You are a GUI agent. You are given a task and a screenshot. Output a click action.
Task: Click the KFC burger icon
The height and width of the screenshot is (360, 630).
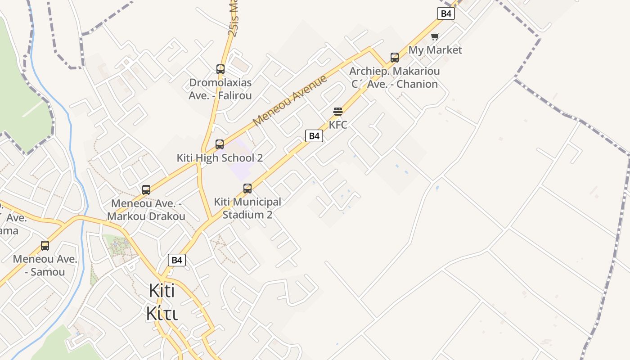[338, 112]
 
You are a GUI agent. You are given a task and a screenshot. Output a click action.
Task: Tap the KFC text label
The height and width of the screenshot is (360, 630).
[338, 125]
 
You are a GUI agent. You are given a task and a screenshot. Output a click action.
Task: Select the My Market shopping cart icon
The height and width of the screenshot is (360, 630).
[434, 36]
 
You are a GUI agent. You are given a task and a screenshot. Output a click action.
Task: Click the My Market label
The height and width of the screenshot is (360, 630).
[435, 50]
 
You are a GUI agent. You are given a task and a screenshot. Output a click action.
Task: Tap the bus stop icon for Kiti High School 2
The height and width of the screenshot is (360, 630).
[220, 144]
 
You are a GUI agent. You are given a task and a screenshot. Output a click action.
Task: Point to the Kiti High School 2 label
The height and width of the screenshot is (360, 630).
[220, 158]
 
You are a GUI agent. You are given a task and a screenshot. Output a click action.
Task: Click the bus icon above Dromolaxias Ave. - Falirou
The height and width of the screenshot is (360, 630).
[220, 69]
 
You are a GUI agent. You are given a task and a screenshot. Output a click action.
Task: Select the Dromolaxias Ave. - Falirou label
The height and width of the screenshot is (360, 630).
[220, 89]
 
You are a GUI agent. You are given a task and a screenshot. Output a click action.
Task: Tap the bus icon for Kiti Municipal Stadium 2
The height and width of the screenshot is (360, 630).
[247, 189]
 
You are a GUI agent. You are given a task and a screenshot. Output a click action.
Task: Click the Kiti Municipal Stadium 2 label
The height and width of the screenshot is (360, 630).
[247, 208]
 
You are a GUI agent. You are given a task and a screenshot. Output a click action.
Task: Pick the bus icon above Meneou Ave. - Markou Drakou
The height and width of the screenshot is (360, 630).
[146, 190]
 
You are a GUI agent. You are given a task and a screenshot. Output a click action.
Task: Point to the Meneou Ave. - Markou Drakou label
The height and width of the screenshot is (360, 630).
[146, 210]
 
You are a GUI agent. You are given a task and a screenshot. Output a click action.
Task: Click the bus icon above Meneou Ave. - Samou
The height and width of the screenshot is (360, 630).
[45, 246]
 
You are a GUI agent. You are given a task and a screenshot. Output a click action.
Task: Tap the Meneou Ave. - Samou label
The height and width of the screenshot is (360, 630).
[45, 265]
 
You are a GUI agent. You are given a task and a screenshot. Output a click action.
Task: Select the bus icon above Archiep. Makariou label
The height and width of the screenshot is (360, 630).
[395, 58]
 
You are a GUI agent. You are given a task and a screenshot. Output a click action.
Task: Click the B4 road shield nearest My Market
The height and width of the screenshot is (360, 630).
[445, 13]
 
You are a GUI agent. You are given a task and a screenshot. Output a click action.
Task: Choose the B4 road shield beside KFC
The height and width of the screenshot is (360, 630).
[314, 136]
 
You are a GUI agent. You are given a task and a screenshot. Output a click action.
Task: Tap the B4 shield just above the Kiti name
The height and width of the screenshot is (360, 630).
[177, 260]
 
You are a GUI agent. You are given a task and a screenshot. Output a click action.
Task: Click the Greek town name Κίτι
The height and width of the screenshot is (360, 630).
[162, 313]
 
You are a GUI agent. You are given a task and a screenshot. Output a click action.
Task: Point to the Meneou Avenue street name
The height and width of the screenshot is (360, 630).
[290, 101]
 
